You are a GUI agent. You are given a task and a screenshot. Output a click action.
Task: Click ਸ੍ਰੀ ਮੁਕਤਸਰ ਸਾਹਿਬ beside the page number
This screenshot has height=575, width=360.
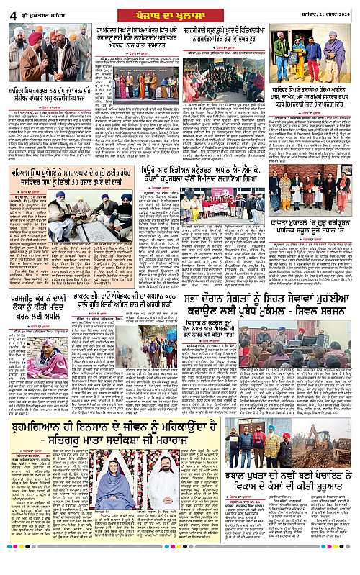[34, 12]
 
